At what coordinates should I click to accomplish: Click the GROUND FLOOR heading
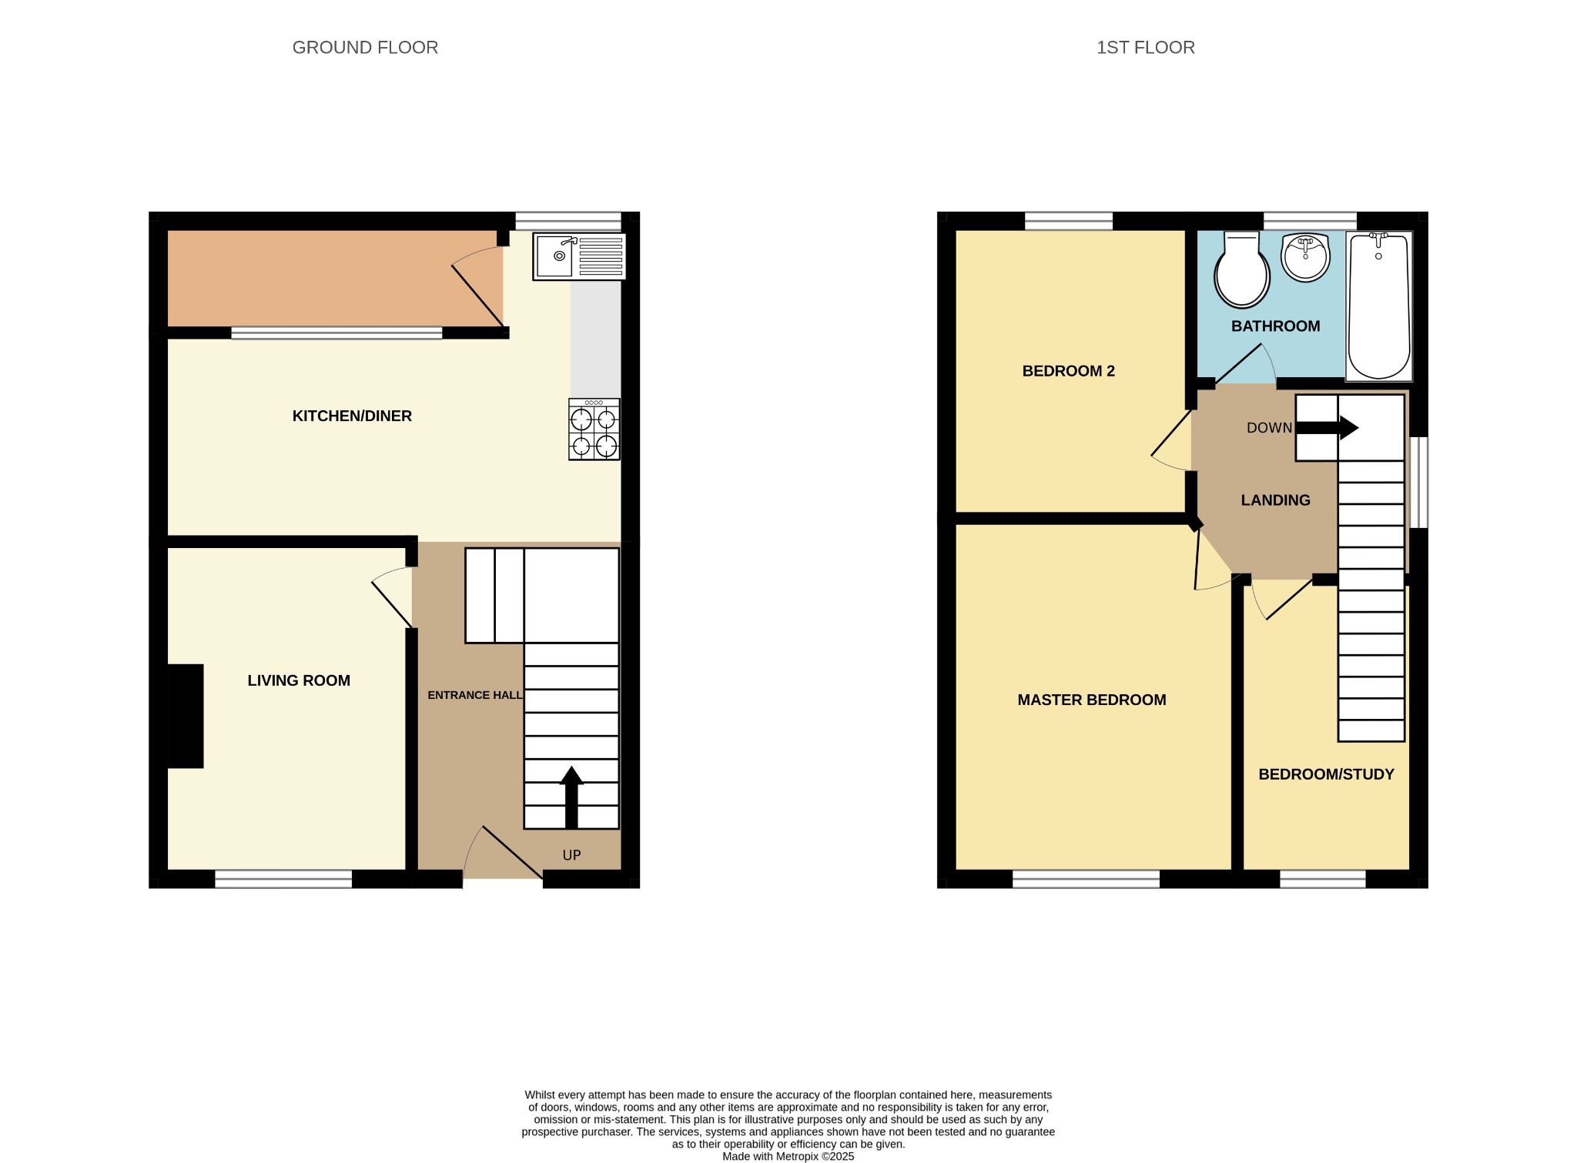[365, 48]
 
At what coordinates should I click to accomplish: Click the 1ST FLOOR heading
[1145, 48]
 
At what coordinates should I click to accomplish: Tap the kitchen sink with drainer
[579, 256]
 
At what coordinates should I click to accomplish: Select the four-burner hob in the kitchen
[594, 429]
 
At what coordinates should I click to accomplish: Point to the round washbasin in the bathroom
[1305, 257]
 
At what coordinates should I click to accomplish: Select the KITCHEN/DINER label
[352, 416]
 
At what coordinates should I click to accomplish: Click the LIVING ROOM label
[299, 680]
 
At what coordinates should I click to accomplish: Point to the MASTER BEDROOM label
[1091, 700]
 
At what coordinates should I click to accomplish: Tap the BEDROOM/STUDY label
[1326, 774]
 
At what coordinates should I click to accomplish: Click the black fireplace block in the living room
[186, 716]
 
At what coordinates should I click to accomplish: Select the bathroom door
[1244, 364]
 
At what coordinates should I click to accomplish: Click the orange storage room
[323, 279]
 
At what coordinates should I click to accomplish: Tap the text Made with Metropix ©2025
[788, 1156]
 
